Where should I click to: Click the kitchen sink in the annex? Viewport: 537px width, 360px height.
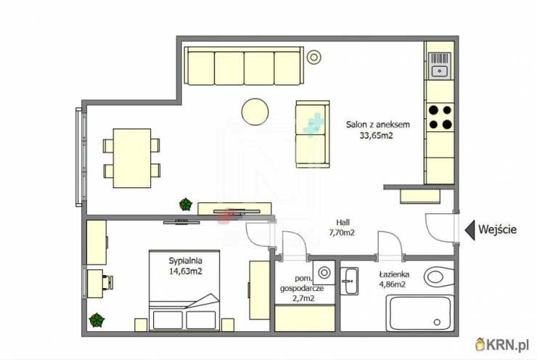click(440, 66)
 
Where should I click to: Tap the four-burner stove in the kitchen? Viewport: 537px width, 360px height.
click(440, 117)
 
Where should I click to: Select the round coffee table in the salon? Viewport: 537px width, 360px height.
click(255, 112)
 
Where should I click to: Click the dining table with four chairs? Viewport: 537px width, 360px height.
click(132, 158)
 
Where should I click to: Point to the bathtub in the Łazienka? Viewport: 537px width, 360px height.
click(420, 314)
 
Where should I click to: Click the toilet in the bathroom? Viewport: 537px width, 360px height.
click(439, 276)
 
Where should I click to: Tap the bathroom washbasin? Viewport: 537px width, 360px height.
click(349, 281)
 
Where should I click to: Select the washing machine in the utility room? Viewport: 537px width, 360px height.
click(324, 273)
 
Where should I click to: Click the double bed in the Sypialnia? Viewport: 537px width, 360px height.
click(184, 290)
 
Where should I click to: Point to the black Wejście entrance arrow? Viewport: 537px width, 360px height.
click(470, 230)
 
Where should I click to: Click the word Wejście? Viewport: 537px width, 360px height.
click(497, 229)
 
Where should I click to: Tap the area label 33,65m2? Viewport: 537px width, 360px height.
click(376, 136)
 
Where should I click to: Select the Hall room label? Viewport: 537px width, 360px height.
click(343, 222)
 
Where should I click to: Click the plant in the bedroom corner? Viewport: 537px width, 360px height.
click(97, 320)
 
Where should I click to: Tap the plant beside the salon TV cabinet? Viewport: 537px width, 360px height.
click(186, 204)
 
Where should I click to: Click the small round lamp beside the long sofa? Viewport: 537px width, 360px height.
click(313, 57)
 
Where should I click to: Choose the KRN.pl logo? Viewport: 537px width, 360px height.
click(502, 345)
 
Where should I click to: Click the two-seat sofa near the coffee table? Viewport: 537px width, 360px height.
click(313, 134)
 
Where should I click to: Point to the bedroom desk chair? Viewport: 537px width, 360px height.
click(108, 282)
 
